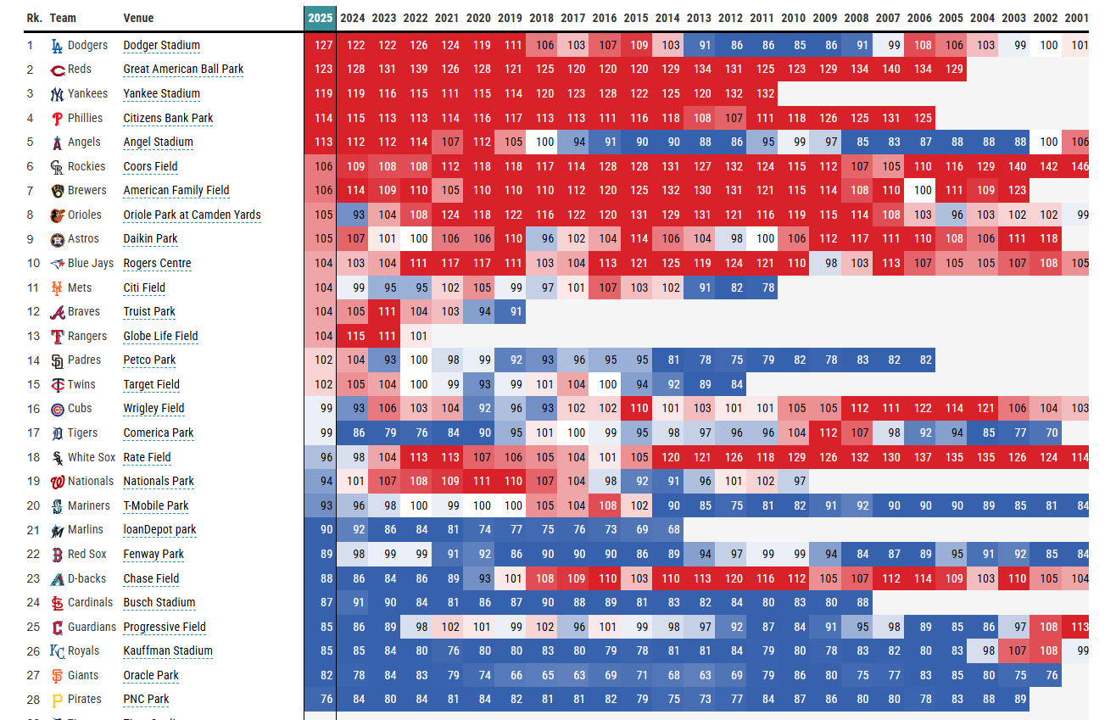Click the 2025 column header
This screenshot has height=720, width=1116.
click(x=320, y=18)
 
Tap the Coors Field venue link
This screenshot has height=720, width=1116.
click(x=150, y=166)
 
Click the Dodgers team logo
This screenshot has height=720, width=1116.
click(x=57, y=46)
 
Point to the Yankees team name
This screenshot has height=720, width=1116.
click(x=87, y=93)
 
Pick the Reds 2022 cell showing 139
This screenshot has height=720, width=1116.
click(x=416, y=70)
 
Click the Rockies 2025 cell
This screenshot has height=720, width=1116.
click(x=320, y=166)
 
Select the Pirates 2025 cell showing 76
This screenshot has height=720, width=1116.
click(x=320, y=700)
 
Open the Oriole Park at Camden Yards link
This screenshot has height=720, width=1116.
click(x=192, y=215)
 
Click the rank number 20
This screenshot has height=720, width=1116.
click(x=33, y=505)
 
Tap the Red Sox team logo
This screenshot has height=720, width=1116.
click(x=57, y=555)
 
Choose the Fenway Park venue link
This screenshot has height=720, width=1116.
click(x=153, y=554)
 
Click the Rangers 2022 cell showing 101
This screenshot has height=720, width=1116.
click(x=416, y=336)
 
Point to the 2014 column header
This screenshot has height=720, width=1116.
click(x=667, y=18)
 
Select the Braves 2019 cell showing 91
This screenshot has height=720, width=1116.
click(x=510, y=312)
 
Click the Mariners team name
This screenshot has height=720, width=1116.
click(x=89, y=505)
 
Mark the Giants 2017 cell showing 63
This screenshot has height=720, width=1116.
click(x=573, y=676)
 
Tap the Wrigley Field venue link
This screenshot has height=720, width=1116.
click(x=153, y=408)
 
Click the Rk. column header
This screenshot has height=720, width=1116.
click(x=34, y=18)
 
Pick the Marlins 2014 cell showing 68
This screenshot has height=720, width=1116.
click(x=667, y=530)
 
